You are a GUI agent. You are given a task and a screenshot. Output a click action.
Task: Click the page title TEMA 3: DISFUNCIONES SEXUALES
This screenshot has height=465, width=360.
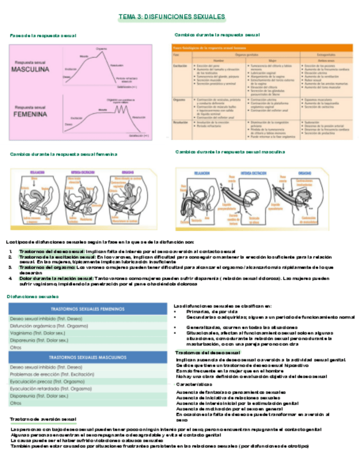coord(173,18)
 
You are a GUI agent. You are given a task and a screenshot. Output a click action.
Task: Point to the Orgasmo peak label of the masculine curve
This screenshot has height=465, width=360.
coord(101,49)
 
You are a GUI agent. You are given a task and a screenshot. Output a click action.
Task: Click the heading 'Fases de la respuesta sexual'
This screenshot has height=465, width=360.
coord(43,36)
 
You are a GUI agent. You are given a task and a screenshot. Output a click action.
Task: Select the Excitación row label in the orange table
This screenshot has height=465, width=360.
coord(178,65)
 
